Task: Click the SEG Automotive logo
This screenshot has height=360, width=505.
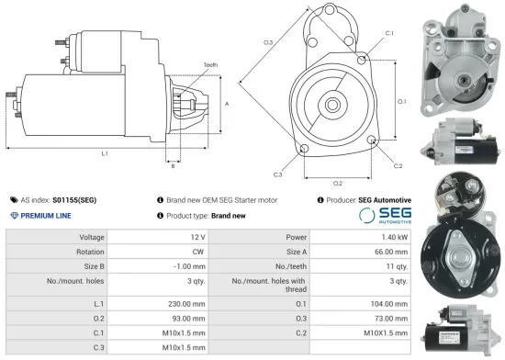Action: (x=380, y=216)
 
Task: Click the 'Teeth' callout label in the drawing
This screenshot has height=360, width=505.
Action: (x=209, y=65)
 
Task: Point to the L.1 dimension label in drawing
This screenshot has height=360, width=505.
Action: (x=104, y=152)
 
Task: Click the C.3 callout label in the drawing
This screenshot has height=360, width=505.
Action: (x=277, y=174)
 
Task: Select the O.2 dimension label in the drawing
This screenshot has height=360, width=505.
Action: (x=338, y=184)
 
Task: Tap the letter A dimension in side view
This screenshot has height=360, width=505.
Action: (x=226, y=104)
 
